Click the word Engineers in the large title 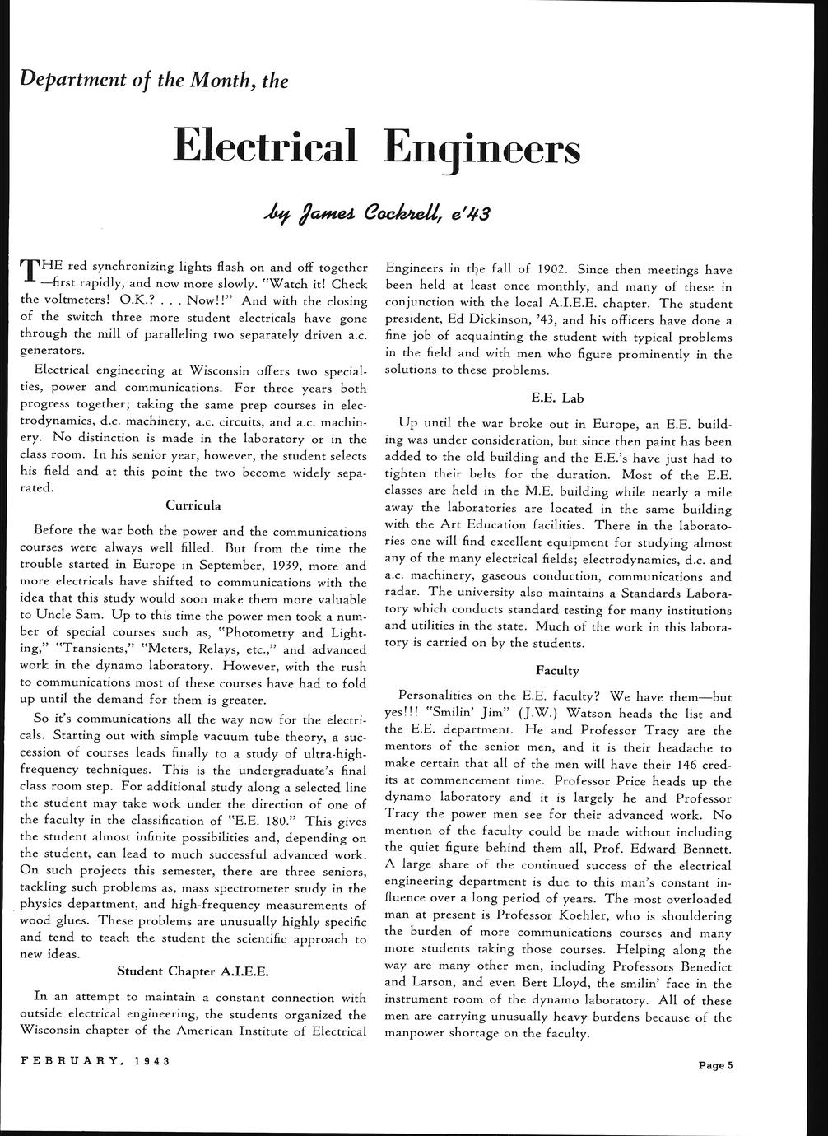(x=481, y=148)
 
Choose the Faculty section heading (x=557, y=671)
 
